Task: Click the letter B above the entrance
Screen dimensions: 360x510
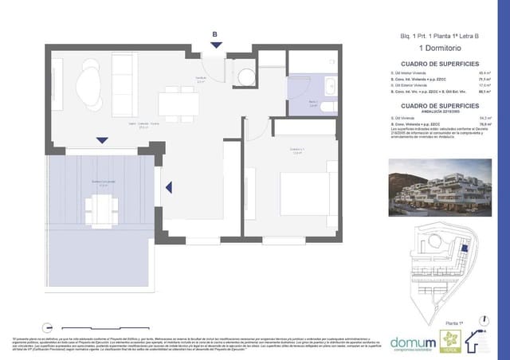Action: (214, 33)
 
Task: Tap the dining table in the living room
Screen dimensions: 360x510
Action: (172, 100)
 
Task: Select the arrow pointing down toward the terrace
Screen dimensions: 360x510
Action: (102, 141)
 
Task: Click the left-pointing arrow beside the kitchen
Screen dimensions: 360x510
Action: (169, 188)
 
